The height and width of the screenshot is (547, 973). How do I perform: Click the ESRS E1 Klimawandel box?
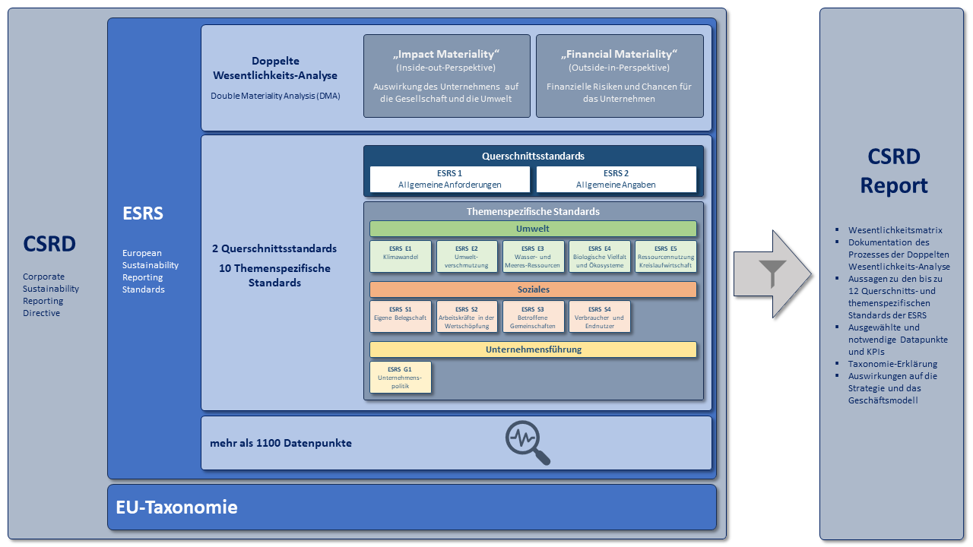[401, 257]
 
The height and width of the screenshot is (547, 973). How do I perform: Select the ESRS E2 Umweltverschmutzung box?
[467, 257]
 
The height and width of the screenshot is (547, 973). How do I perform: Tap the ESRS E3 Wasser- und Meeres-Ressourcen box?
[534, 257]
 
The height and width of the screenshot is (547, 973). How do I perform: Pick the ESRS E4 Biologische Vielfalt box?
[600, 257]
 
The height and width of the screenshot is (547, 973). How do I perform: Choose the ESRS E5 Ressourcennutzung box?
[666, 257]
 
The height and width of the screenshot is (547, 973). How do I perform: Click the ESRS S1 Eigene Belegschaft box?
[401, 317]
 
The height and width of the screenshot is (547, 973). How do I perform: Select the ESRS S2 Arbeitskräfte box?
[467, 317]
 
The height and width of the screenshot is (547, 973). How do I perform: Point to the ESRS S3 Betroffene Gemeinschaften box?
[534, 317]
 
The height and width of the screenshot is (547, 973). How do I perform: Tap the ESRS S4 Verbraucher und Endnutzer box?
[600, 317]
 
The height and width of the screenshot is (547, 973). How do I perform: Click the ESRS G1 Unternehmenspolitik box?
[401, 377]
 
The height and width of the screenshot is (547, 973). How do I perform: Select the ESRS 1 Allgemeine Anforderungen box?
[450, 179]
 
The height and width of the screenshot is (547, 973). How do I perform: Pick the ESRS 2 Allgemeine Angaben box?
[616, 179]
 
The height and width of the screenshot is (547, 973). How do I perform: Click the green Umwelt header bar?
[533, 229]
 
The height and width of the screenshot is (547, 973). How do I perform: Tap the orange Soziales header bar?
[533, 289]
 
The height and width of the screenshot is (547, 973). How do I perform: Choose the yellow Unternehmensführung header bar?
[533, 349]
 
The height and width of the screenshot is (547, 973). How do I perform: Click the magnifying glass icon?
[528, 443]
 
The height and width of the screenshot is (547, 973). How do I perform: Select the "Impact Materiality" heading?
[446, 54]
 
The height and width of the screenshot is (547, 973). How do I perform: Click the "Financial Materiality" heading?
[619, 54]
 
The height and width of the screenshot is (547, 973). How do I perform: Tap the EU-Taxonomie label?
[176, 507]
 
